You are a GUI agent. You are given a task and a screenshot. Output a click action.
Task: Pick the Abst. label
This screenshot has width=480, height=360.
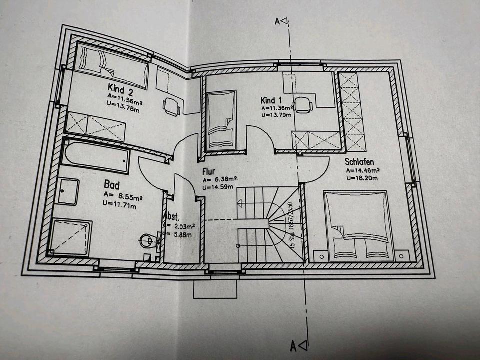(x=171, y=217)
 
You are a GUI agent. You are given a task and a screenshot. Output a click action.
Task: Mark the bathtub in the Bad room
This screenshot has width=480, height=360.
(x=96, y=156)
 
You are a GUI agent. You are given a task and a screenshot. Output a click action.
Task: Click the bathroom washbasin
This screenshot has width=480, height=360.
(x=68, y=191)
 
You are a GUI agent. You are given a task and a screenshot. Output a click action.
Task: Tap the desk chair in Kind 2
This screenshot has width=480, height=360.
(x=171, y=106)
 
